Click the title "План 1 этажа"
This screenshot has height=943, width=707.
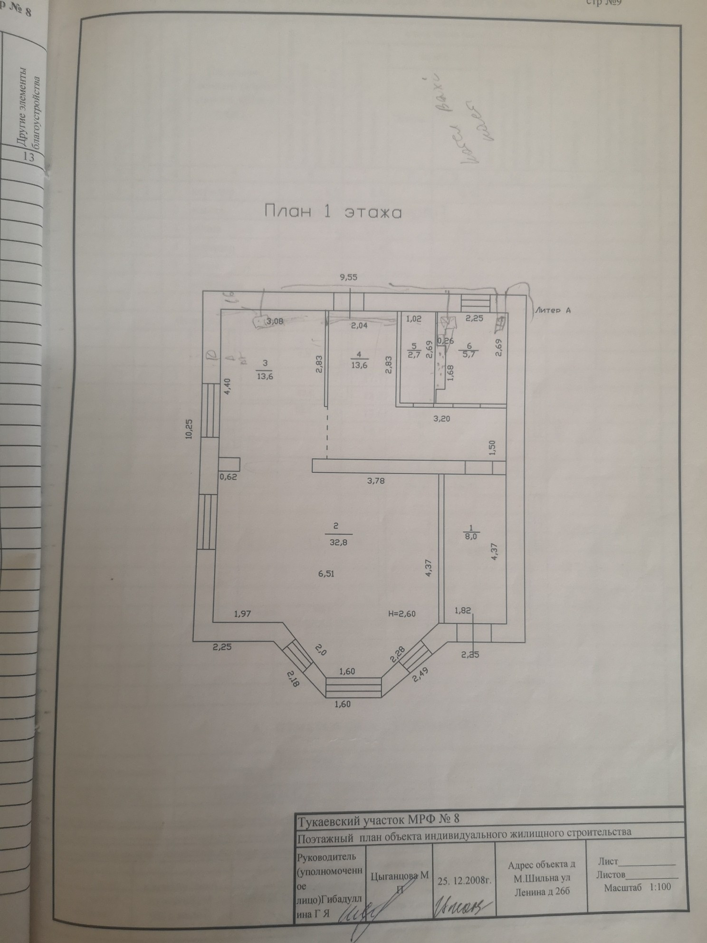click(x=333, y=212)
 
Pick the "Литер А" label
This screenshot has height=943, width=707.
click(x=552, y=310)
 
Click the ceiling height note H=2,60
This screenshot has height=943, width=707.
click(x=402, y=614)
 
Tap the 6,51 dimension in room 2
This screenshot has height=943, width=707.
click(x=327, y=574)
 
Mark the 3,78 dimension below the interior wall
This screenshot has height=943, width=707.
click(x=375, y=481)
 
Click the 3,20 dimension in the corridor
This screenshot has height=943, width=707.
click(x=440, y=419)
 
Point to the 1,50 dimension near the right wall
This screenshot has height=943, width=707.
click(x=493, y=448)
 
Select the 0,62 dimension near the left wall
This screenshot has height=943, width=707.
click(x=228, y=478)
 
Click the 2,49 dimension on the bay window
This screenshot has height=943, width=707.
click(x=420, y=671)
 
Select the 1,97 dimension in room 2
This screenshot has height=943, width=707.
click(x=242, y=614)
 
